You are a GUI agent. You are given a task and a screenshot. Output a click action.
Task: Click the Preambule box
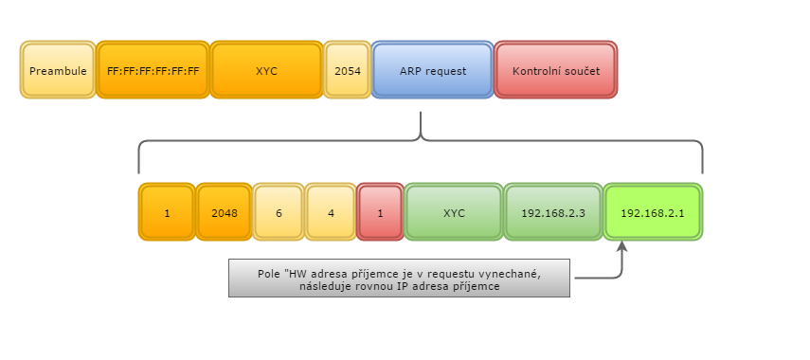pos(58,70)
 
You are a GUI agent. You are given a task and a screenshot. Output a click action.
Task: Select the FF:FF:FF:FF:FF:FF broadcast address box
pos(153,70)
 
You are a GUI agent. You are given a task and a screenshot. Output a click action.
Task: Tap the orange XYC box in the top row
pos(266,70)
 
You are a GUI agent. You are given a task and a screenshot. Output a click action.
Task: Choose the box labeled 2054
pos(348,70)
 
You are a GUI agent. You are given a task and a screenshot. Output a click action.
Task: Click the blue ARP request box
pos(432,70)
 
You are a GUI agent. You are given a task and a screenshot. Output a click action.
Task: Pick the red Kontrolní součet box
pos(555,70)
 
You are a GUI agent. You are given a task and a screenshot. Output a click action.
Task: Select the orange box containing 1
pos(167,213)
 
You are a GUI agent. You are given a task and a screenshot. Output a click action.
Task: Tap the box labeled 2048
pos(224,213)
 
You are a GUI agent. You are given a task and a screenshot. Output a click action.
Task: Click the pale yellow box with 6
pos(279,213)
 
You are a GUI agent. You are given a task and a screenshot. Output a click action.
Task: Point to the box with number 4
pos(331,213)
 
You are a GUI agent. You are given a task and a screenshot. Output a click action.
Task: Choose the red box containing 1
pos(380,213)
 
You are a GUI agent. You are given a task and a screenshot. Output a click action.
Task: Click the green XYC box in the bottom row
pos(454,213)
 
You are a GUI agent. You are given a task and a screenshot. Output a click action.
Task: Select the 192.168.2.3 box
pos(553,213)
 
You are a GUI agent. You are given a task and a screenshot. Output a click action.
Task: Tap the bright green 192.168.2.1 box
pos(653,213)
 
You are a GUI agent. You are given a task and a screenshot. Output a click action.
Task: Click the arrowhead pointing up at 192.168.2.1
pos(622,247)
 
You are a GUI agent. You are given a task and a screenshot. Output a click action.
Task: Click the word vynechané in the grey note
pos(508,273)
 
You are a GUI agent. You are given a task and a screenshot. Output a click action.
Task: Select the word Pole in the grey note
pos(269,273)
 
